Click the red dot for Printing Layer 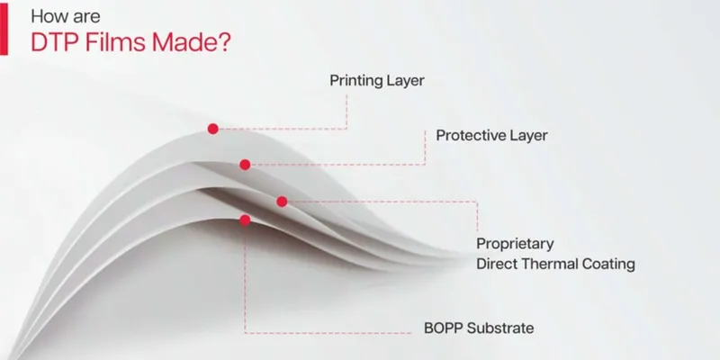point(212,129)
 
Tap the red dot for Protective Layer point(245,165)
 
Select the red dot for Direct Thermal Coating point(282,202)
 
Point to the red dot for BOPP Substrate point(245,220)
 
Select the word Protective point(470,136)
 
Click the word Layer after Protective point(527,136)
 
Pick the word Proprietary point(515,244)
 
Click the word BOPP point(443,328)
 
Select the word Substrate point(500,328)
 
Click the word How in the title point(46,16)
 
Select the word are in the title point(83,18)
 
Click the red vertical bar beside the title point(4,30)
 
